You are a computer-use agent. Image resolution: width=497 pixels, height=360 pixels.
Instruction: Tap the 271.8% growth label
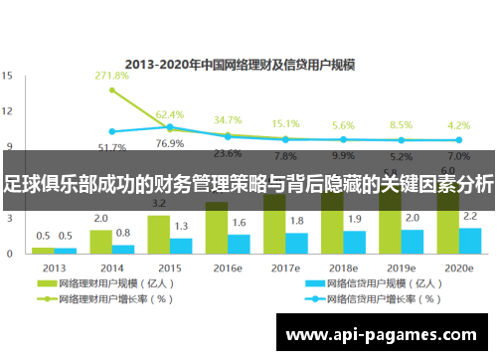(111, 76)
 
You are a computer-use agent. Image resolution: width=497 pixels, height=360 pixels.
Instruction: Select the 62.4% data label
(170, 115)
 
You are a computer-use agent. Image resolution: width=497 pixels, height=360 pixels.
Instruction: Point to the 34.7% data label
(228, 120)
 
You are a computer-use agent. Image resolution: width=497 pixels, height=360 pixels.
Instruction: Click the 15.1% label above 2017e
(285, 124)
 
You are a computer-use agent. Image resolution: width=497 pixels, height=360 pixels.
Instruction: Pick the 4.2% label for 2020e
(458, 125)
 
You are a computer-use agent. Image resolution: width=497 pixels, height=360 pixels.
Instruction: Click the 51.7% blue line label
(111, 147)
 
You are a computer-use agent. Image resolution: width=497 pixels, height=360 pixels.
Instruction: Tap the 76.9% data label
(170, 143)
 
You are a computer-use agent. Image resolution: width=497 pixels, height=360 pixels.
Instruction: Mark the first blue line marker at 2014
(111, 131)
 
